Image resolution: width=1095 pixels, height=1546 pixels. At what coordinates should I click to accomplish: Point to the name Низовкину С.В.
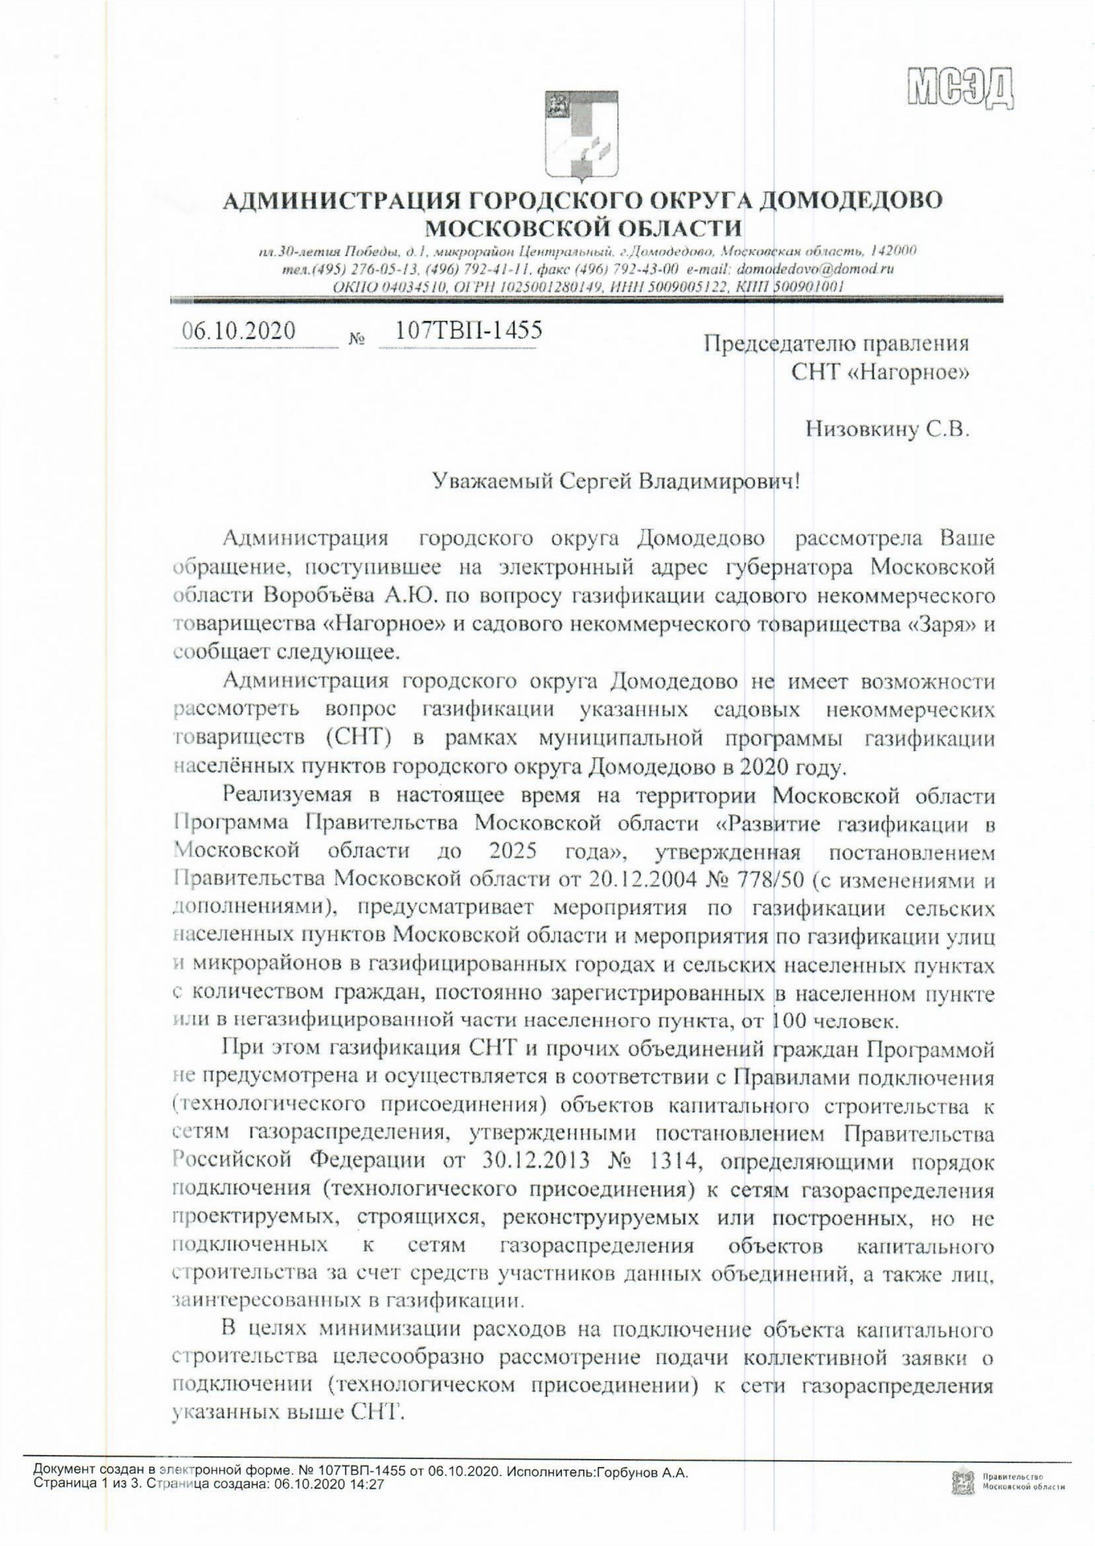coord(888,430)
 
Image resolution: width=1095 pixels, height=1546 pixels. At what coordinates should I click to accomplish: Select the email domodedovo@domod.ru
coord(816,269)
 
